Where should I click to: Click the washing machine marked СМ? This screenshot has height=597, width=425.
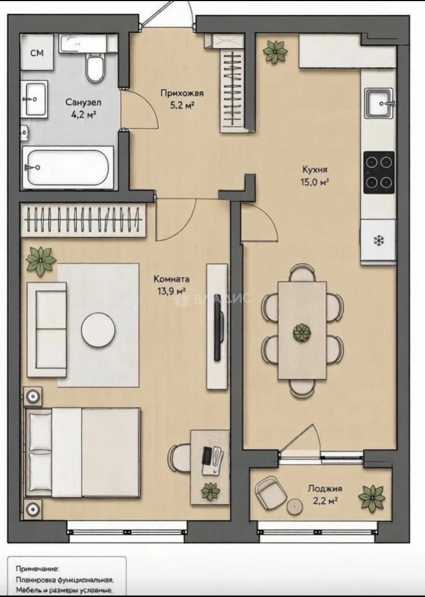point(37,52)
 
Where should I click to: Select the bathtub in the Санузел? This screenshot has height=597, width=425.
point(68,167)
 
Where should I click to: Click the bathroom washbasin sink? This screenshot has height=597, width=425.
point(36,99)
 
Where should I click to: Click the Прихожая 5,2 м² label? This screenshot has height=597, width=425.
point(182,99)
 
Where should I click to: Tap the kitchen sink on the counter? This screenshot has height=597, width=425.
point(379,103)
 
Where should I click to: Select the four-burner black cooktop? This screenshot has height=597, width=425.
point(379,172)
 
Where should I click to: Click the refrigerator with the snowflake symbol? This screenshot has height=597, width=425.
point(378,240)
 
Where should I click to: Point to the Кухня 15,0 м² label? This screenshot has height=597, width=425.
point(315,175)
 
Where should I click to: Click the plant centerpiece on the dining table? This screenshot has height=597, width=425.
point(302,332)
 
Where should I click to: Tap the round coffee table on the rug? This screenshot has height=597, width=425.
point(98,329)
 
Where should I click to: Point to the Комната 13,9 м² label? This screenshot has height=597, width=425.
point(172,285)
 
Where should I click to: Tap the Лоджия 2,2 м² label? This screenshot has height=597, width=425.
point(325,494)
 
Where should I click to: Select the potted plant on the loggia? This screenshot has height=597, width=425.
point(372,498)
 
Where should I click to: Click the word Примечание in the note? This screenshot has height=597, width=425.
point(37,569)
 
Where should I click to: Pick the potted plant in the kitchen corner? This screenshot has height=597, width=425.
point(275,51)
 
